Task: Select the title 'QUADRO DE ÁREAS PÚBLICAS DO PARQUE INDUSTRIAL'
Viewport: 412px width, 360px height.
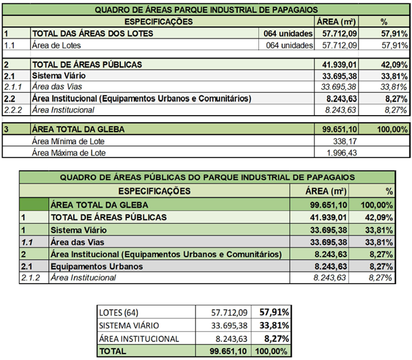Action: (x=205, y=178)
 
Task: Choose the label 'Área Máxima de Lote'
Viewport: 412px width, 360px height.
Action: (x=69, y=152)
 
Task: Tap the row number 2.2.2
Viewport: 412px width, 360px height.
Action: (x=12, y=110)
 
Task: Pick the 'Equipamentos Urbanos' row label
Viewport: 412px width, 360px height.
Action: (x=97, y=266)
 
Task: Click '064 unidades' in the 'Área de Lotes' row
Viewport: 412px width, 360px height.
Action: (x=289, y=45)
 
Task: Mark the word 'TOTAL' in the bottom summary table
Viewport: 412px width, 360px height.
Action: (x=112, y=352)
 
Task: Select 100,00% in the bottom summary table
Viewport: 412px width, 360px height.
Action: (x=271, y=352)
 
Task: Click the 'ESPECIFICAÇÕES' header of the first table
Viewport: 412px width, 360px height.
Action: (x=157, y=21)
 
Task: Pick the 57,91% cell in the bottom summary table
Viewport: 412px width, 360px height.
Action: (x=273, y=313)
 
